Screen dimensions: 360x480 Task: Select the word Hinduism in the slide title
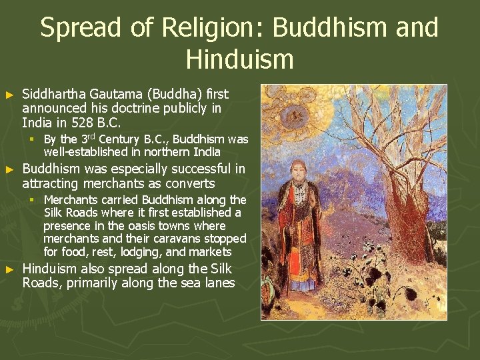pyautogui.click(x=239, y=59)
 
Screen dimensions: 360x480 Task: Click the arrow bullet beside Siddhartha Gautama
pyautogui.click(x=9, y=95)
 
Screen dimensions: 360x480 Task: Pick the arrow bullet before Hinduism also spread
pyautogui.click(x=9, y=270)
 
